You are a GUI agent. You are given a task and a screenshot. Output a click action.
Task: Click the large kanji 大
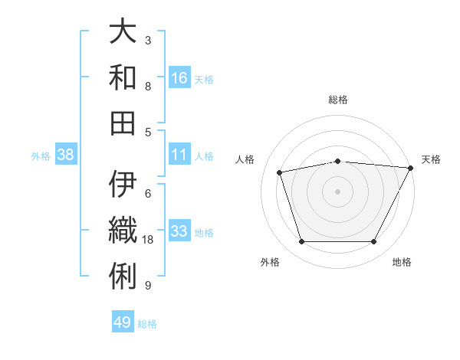click(x=123, y=34)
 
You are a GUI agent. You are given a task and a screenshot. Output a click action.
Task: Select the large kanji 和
click(x=123, y=78)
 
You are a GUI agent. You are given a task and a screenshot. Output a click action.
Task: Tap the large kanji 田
click(x=123, y=123)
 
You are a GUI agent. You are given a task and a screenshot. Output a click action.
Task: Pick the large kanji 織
click(x=123, y=230)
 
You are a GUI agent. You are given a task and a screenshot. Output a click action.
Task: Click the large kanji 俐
click(x=123, y=275)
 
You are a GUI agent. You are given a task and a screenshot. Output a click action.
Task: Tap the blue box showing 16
click(x=179, y=77)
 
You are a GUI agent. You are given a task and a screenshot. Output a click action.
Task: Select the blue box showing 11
click(x=179, y=155)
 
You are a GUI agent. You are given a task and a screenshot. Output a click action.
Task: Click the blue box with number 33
click(x=179, y=231)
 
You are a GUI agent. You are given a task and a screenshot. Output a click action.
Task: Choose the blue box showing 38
click(x=66, y=155)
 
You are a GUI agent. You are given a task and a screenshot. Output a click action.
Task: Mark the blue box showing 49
click(x=123, y=322)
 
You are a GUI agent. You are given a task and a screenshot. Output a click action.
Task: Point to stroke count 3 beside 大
click(x=148, y=41)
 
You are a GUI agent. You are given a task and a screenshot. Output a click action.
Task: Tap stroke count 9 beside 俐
click(x=148, y=286)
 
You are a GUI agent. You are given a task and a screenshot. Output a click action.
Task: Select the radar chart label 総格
click(x=338, y=100)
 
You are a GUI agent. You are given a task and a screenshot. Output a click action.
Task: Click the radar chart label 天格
click(x=432, y=159)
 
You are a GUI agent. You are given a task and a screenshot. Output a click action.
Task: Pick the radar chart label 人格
click(x=245, y=159)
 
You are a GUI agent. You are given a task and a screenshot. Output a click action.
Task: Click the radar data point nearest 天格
click(x=411, y=168)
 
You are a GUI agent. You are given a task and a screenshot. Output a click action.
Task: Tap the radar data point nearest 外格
click(x=301, y=242)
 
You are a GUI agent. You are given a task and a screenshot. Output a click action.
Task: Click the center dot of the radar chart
click(x=338, y=191)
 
